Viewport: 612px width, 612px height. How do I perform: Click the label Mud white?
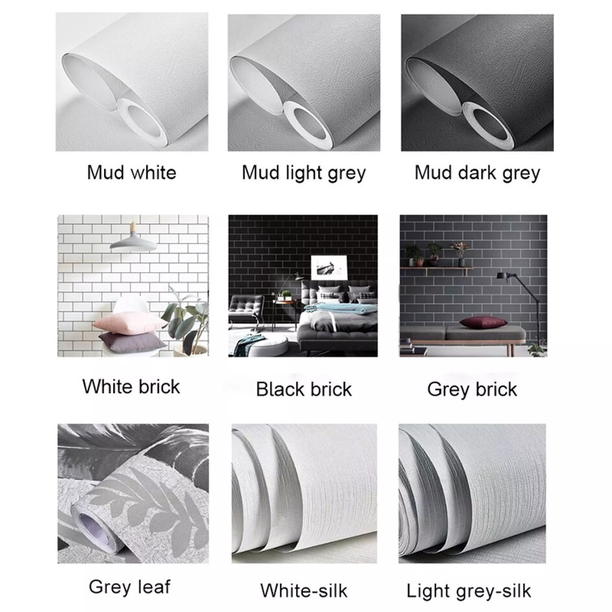tap(131, 173)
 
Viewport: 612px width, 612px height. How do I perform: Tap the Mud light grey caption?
tap(304, 173)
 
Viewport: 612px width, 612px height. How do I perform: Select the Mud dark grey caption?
tap(477, 173)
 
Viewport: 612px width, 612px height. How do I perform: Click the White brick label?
tap(131, 386)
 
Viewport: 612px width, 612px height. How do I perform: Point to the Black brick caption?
tap(304, 389)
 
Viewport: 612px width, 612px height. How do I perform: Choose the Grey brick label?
tap(472, 389)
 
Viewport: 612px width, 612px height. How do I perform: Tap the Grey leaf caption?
tap(129, 586)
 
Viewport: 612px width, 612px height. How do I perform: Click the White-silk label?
tap(304, 590)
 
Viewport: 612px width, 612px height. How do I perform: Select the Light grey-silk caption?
tap(469, 590)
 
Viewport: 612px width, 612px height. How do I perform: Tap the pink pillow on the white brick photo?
tap(128, 323)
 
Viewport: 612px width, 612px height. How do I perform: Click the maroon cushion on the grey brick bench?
tap(483, 322)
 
